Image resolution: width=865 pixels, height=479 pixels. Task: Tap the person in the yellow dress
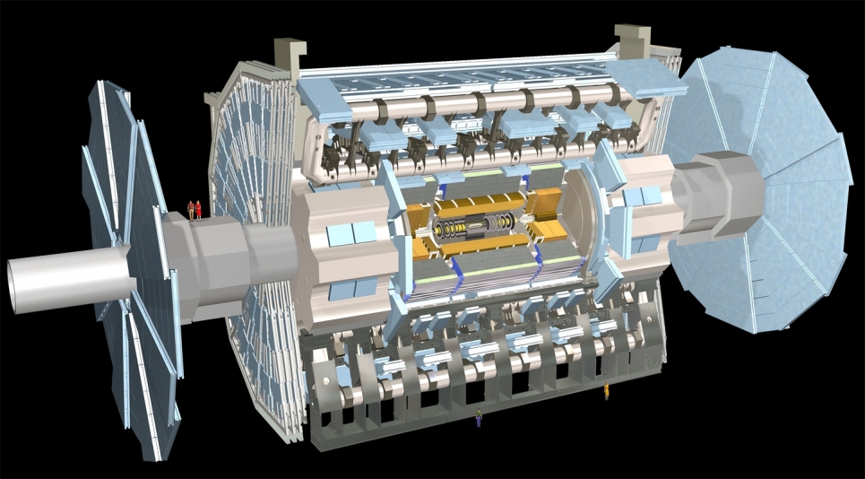[x=607, y=390]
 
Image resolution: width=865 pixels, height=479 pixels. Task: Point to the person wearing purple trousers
[x=479, y=417]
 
